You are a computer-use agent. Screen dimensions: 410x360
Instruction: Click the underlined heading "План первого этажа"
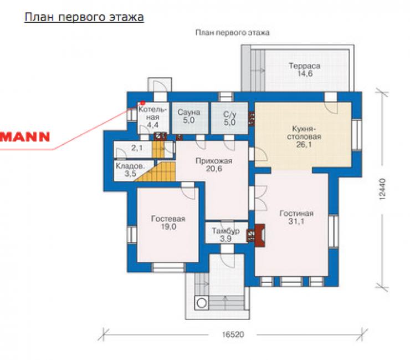click(x=84, y=17)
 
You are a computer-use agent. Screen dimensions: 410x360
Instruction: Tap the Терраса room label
click(x=304, y=65)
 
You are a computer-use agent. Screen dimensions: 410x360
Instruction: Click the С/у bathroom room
click(x=229, y=118)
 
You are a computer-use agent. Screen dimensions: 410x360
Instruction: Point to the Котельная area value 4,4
click(x=152, y=125)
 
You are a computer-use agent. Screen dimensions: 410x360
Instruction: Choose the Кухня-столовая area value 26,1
click(x=304, y=144)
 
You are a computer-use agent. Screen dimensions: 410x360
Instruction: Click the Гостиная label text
click(x=296, y=214)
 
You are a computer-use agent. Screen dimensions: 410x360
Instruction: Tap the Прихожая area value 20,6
click(x=214, y=169)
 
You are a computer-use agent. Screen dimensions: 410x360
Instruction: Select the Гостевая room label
click(x=168, y=219)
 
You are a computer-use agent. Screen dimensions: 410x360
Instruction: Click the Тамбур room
click(x=227, y=233)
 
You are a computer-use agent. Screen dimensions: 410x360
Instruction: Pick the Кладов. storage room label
click(x=130, y=166)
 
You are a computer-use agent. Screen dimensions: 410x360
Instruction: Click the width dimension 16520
click(x=233, y=334)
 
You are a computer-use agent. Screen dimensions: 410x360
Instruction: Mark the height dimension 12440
click(x=382, y=189)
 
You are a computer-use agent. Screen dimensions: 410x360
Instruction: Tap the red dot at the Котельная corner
click(x=143, y=103)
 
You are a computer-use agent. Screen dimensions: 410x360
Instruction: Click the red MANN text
click(x=25, y=137)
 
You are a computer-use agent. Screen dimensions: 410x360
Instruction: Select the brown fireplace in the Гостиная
click(x=259, y=235)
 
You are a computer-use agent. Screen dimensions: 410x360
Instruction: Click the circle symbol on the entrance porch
click(x=201, y=303)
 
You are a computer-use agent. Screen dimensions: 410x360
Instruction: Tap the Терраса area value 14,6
click(x=305, y=74)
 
